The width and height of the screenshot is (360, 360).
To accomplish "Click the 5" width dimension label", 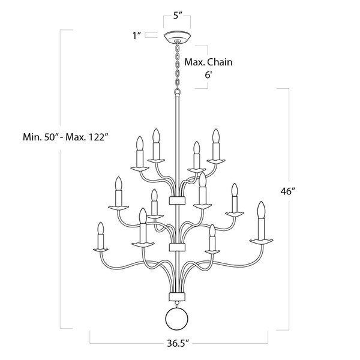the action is click(x=178, y=16).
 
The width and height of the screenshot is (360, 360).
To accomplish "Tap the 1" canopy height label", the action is click(x=137, y=35).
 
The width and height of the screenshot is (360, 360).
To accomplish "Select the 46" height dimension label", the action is click(x=287, y=191).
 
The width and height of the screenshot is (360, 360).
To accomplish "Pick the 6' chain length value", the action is click(x=208, y=74).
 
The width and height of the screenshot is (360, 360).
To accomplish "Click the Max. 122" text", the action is click(x=87, y=137).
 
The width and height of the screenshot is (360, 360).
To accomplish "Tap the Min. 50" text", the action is click(x=40, y=137).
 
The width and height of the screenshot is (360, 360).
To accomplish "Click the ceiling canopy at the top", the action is click(x=177, y=37).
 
